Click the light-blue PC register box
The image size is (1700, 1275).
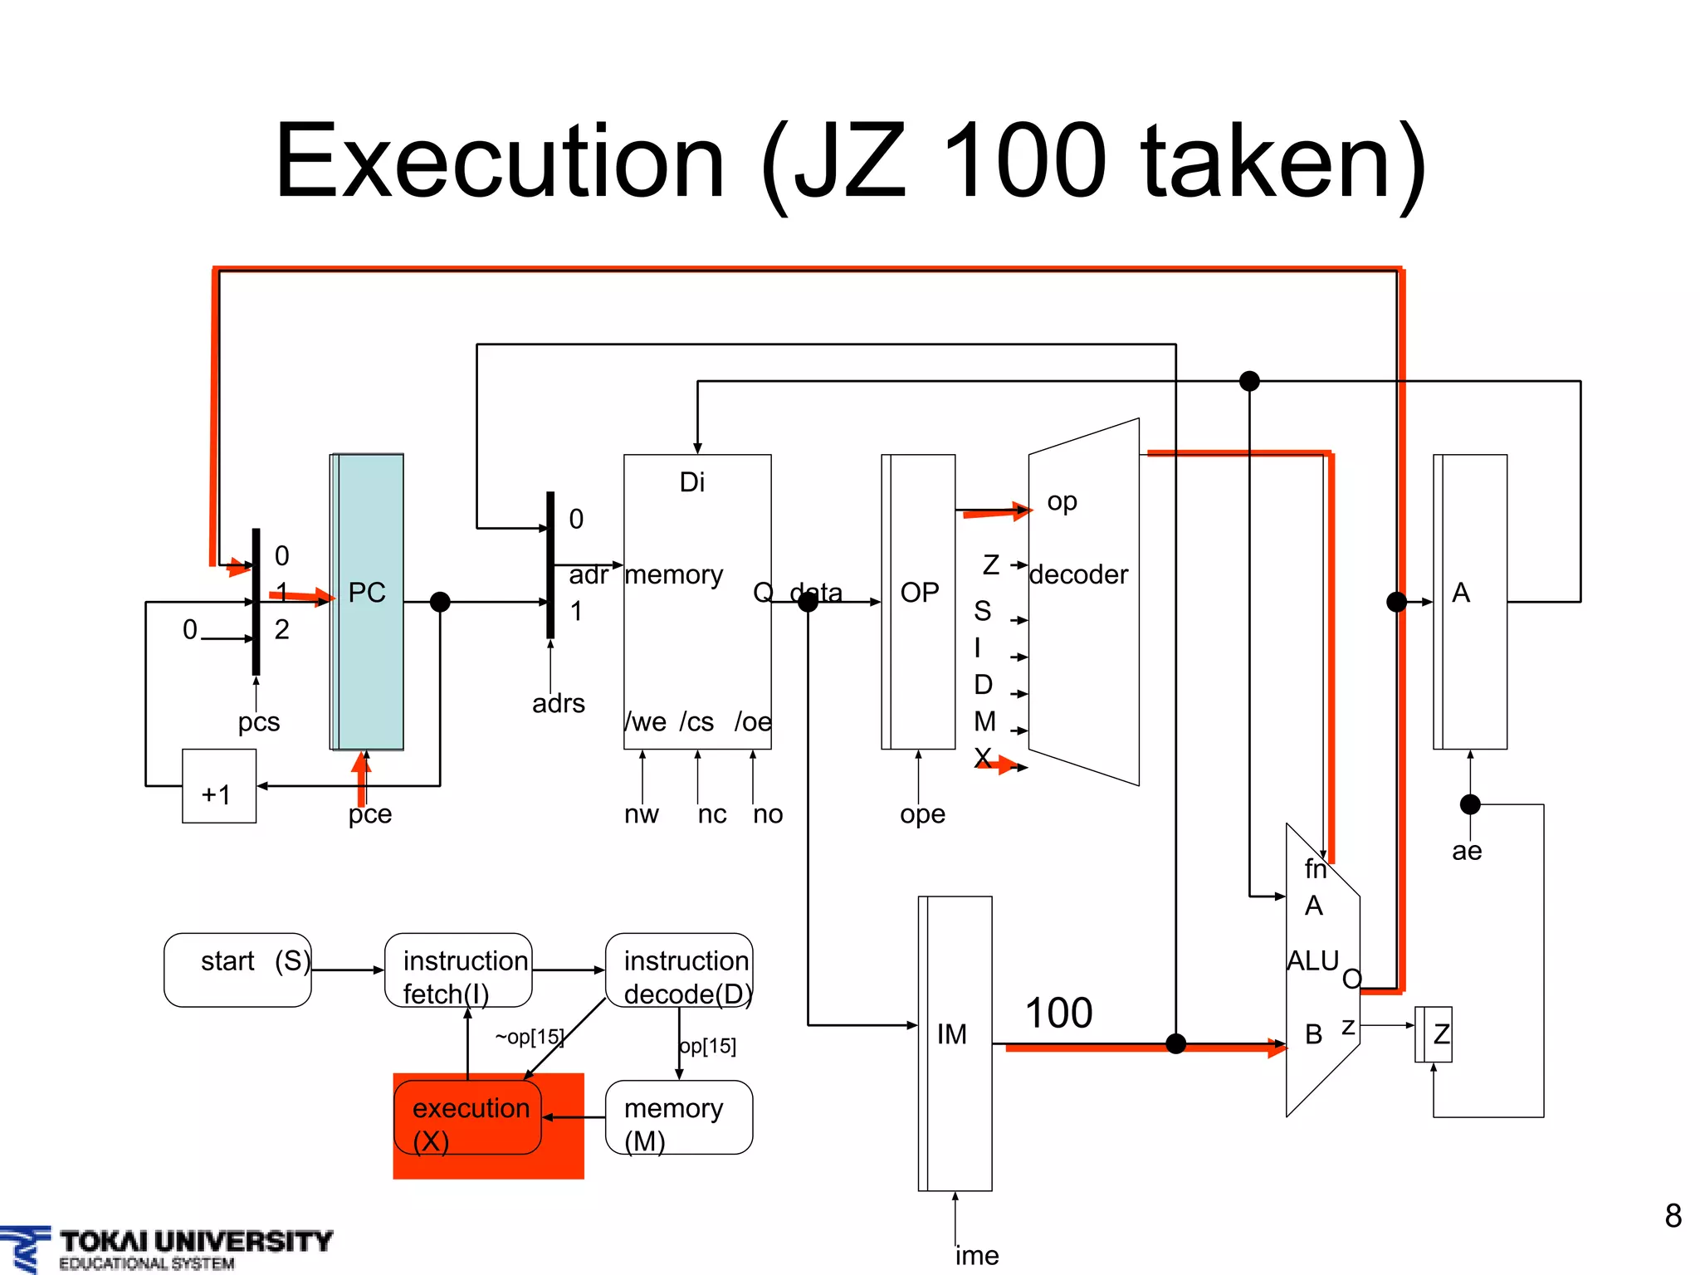368,602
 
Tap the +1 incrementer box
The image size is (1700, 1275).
219,786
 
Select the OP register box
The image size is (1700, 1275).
919,602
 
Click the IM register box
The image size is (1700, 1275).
955,1043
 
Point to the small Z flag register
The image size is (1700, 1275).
1434,1034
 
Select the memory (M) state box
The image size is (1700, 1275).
679,1117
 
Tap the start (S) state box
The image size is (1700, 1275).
237,970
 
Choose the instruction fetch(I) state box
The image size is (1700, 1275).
458,970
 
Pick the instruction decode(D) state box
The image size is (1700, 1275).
679,970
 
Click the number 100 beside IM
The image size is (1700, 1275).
1058,1014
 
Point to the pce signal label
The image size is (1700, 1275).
370,813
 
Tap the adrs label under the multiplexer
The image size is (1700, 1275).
559,703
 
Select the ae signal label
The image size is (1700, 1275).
1467,851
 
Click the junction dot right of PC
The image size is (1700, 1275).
440,602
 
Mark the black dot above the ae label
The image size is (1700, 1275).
1470,804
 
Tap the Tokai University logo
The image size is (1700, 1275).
166,1248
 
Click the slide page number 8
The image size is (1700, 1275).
1673,1216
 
